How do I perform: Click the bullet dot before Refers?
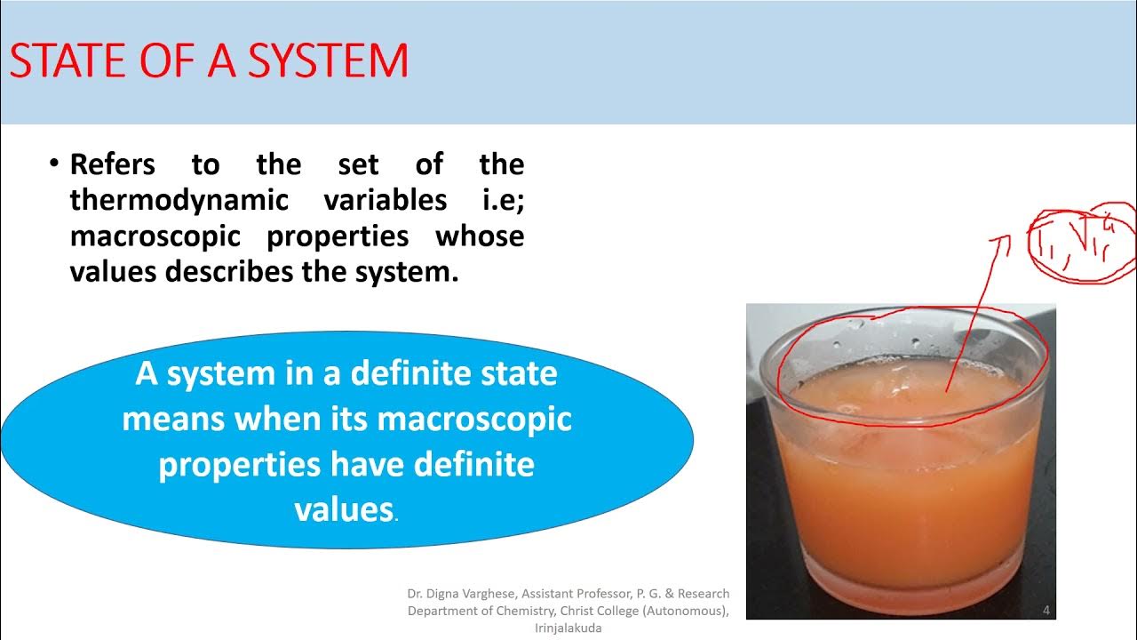point(53,164)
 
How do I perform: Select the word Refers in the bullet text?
point(112,164)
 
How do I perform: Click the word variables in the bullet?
point(385,200)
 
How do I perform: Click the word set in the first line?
point(358,164)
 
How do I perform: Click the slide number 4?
point(1046,610)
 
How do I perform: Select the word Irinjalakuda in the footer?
point(568,628)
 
